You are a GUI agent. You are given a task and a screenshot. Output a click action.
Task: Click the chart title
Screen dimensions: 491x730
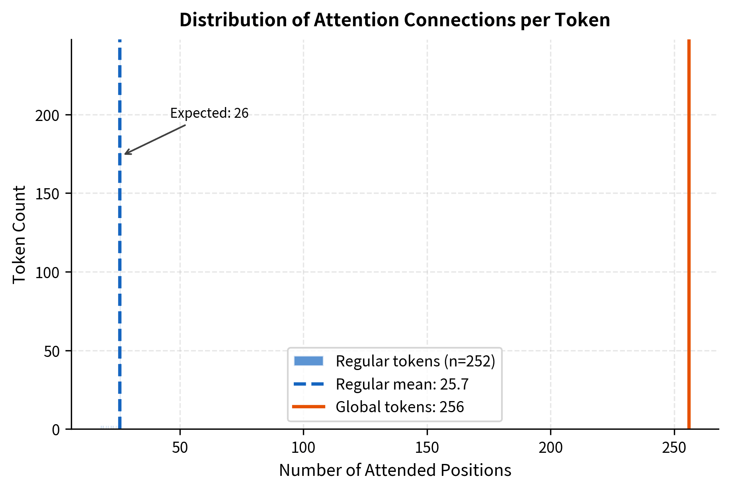(x=394, y=20)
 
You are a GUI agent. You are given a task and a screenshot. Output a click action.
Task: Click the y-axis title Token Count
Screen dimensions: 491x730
(x=19, y=234)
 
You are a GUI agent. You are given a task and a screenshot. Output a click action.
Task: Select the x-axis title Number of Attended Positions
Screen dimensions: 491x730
(x=395, y=470)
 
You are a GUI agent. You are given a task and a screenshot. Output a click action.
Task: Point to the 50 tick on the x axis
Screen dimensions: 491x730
(x=180, y=448)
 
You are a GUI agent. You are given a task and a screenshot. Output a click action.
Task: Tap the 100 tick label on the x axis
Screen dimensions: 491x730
(x=303, y=448)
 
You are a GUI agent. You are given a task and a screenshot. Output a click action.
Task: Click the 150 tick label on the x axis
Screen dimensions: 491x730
(x=427, y=448)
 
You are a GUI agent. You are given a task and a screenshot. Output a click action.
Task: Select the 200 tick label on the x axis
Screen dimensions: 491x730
(x=550, y=448)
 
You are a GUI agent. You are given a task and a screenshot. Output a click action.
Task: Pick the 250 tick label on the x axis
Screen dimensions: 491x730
(x=674, y=448)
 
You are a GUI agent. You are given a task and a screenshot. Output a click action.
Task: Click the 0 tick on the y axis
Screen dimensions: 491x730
(x=56, y=430)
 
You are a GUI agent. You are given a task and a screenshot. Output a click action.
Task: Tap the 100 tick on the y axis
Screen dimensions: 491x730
(x=47, y=273)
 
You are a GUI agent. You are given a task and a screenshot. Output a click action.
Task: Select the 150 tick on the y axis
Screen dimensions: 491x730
(x=47, y=194)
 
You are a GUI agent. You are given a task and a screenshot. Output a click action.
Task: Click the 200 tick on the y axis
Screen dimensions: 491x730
(x=47, y=115)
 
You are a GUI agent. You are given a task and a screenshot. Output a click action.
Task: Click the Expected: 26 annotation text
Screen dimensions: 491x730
(x=209, y=113)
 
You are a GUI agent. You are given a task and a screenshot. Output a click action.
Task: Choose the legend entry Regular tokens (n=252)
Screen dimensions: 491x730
(x=415, y=361)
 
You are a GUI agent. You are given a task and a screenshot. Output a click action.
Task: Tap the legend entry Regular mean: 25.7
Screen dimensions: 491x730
(x=402, y=384)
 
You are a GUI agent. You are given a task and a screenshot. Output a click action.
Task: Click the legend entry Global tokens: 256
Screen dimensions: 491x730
(x=400, y=407)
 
